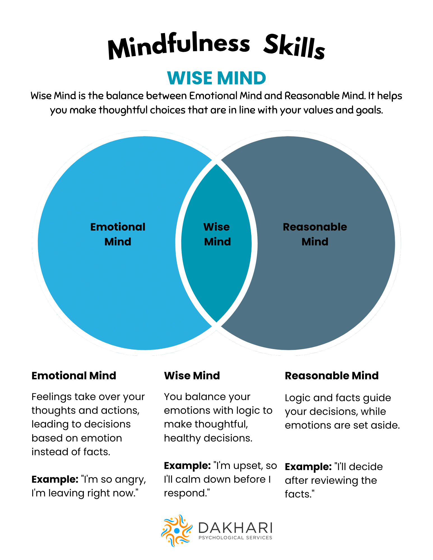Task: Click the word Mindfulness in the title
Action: [x=179, y=45]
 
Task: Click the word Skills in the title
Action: [x=294, y=47]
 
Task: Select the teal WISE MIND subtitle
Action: [x=216, y=78]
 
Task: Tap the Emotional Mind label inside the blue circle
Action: [x=118, y=234]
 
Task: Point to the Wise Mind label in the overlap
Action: [x=217, y=234]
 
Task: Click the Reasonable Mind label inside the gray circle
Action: [x=315, y=234]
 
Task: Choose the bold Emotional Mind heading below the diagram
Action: [x=74, y=376]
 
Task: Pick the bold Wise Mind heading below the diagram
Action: [x=192, y=376]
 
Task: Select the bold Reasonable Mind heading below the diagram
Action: [x=332, y=376]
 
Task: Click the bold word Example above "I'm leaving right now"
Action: [x=55, y=480]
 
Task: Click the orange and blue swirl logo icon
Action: [x=177, y=531]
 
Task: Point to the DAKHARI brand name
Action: [x=235, y=528]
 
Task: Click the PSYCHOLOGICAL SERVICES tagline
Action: [x=235, y=538]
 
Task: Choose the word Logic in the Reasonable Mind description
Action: [x=298, y=398]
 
